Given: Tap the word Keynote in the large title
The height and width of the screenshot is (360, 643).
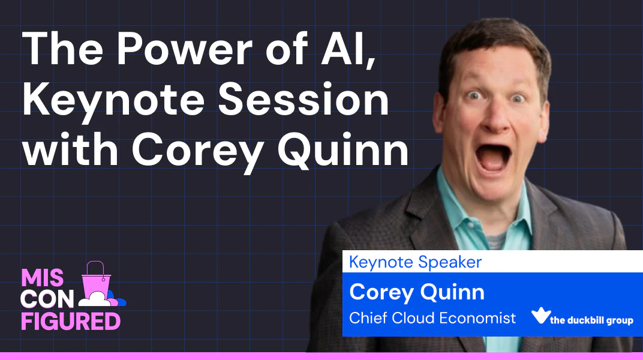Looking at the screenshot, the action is (x=113, y=100).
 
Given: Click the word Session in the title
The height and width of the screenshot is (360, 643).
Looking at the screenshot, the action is (x=303, y=99).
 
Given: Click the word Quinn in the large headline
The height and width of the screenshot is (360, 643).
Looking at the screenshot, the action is (x=343, y=149).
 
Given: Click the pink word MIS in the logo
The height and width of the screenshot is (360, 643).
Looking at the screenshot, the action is (x=42, y=278).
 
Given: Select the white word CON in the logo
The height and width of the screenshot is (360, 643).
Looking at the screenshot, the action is (x=47, y=299).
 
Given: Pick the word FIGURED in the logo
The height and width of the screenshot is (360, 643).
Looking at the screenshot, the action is (x=71, y=321).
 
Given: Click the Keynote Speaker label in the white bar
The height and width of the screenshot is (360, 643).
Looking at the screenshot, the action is (x=415, y=262).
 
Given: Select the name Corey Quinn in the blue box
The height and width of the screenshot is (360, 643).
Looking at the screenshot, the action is (x=417, y=292).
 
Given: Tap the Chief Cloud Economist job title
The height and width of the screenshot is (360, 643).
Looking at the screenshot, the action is (x=432, y=318).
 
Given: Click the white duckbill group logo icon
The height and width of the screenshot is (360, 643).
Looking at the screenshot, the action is (x=540, y=315).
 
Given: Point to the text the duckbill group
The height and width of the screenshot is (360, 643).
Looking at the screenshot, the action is (x=591, y=320).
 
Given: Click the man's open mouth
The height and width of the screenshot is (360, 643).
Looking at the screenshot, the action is (x=493, y=155).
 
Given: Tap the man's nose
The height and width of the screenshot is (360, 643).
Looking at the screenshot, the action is (x=497, y=117).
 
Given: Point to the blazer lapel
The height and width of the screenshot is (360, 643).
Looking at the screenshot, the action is (x=422, y=213).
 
